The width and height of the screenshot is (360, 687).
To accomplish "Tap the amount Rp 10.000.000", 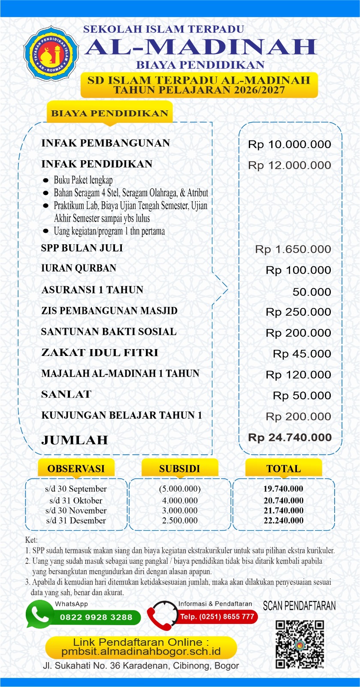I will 289,144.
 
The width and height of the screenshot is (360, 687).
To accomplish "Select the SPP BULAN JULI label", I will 82,248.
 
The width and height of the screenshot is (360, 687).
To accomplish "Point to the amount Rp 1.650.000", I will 293,249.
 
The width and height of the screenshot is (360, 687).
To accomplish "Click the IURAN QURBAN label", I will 79,268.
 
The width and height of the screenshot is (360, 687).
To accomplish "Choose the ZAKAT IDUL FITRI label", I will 100,353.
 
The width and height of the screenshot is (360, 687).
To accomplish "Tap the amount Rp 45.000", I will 302,354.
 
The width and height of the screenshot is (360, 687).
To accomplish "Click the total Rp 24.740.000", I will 290,438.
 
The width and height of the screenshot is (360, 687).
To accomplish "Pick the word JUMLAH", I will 75,440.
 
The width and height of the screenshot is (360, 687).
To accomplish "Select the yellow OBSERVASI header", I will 76,468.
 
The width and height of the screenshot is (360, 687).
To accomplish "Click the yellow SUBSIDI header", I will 179,468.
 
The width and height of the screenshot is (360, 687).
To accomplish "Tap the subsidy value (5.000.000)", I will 180,489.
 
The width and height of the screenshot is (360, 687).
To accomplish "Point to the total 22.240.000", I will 283,520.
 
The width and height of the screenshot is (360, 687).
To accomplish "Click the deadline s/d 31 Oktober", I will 76,500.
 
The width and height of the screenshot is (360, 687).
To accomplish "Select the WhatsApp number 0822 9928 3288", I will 96,617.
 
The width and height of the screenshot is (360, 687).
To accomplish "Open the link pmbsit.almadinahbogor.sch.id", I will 141,651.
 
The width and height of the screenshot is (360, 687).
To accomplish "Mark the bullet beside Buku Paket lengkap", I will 46,180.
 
